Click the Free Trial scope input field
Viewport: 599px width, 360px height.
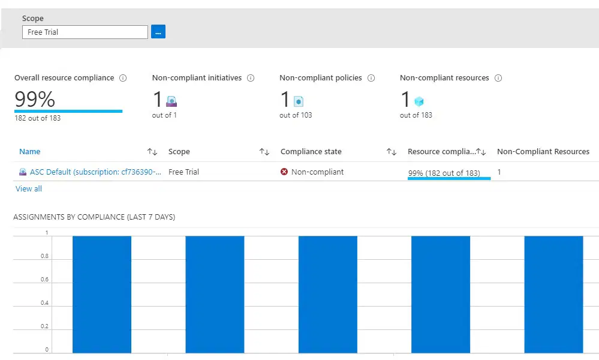pyautogui.click(x=85, y=32)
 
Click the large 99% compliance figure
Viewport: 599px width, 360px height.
pyautogui.click(x=35, y=99)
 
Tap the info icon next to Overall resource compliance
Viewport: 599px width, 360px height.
pyautogui.click(x=123, y=78)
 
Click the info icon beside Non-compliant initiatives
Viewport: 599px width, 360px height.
pyautogui.click(x=251, y=78)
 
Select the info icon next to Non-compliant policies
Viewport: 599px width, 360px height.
pyautogui.click(x=371, y=78)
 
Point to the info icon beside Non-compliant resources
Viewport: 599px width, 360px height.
pyautogui.click(x=498, y=78)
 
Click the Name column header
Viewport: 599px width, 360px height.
pyautogui.click(x=30, y=151)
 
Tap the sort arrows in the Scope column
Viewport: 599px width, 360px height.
pyautogui.click(x=264, y=152)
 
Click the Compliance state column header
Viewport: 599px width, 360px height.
pyautogui.click(x=311, y=151)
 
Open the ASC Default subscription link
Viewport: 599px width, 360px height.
pyautogui.click(x=95, y=172)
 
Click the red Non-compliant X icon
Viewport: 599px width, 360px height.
pyautogui.click(x=284, y=172)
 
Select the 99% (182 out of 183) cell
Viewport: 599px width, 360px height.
pyautogui.click(x=444, y=173)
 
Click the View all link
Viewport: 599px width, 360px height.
pyautogui.click(x=29, y=188)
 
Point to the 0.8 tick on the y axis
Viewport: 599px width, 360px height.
pyautogui.click(x=45, y=256)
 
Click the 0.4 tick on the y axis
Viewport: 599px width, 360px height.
pyautogui.click(x=45, y=302)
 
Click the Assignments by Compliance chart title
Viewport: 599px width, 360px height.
pyautogui.click(x=94, y=217)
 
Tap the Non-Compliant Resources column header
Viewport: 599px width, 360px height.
pyautogui.click(x=543, y=151)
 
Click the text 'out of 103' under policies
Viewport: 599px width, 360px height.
pyautogui.click(x=296, y=115)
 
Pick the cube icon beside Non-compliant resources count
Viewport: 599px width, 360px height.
pyautogui.click(x=419, y=101)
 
